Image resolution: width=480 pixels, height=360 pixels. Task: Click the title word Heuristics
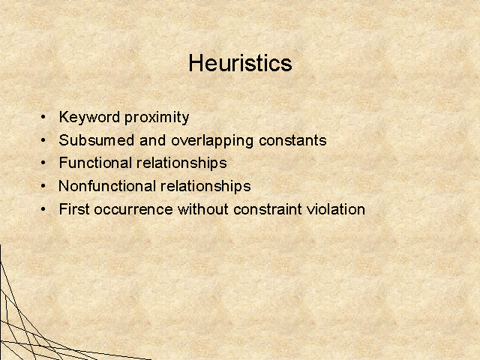point(240,63)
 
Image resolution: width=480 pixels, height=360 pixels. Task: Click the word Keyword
point(89,118)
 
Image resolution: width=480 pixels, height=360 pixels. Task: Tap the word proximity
point(157,118)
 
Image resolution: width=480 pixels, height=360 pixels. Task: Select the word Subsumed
point(97,140)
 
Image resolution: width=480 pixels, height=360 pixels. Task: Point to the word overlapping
point(212,141)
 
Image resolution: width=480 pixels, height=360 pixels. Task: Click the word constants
point(292,140)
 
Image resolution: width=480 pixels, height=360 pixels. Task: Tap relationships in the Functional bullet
point(181,163)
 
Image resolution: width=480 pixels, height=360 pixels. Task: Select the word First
point(74,209)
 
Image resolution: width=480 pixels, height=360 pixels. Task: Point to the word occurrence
point(133,210)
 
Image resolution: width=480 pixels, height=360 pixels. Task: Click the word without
point(203,209)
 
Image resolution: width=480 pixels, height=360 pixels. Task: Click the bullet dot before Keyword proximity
point(43,117)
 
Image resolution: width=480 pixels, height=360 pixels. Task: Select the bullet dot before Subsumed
point(43,140)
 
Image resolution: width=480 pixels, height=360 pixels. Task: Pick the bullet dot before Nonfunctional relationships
point(43,186)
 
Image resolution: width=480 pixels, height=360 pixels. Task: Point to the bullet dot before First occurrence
point(43,209)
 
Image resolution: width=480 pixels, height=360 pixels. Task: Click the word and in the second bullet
point(153,140)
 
